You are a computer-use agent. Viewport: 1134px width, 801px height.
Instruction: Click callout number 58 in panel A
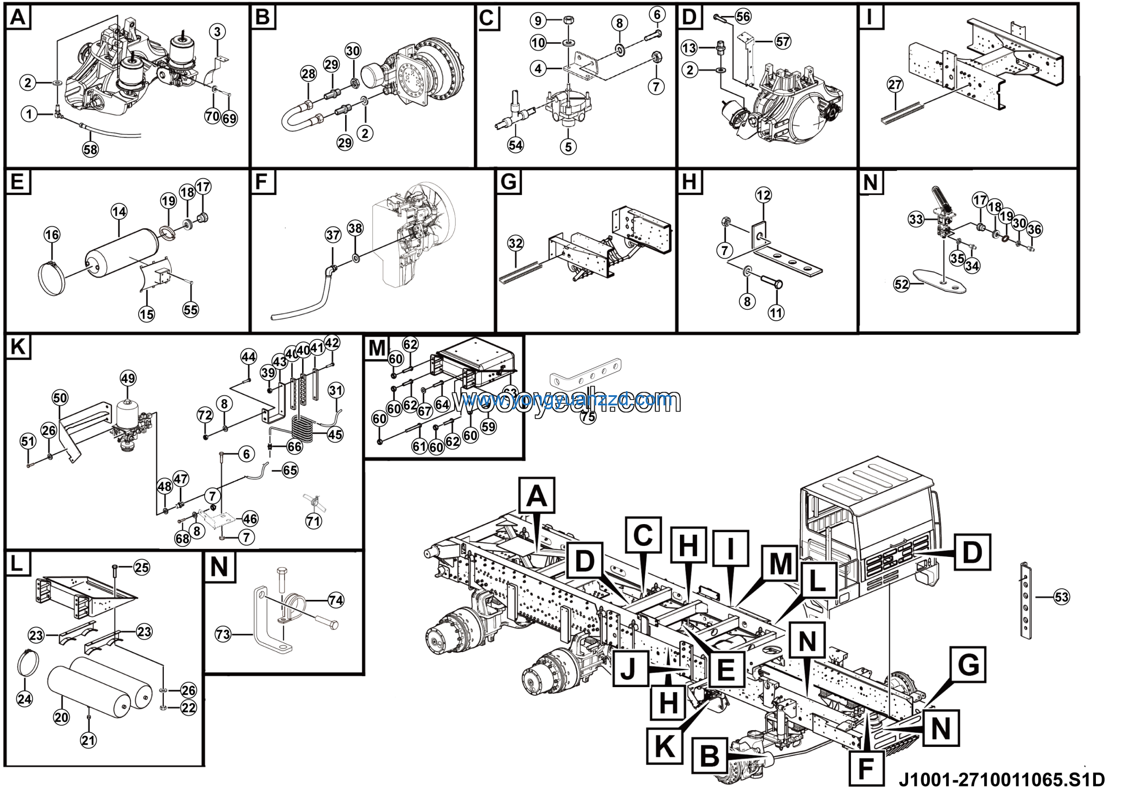90,149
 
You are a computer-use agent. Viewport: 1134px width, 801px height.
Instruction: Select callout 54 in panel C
515,145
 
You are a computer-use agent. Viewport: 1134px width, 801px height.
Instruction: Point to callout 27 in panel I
895,85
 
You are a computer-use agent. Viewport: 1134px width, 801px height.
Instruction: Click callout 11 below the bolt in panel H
776,313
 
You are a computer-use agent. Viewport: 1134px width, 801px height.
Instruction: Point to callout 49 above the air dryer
128,378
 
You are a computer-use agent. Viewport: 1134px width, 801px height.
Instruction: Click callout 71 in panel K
314,521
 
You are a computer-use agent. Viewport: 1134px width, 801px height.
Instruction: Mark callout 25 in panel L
142,568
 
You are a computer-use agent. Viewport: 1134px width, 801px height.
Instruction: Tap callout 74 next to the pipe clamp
336,600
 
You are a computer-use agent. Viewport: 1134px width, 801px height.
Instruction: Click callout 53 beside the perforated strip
1061,597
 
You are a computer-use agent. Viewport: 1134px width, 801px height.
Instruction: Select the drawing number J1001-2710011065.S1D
1001,780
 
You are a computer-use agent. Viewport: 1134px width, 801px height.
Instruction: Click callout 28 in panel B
308,74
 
